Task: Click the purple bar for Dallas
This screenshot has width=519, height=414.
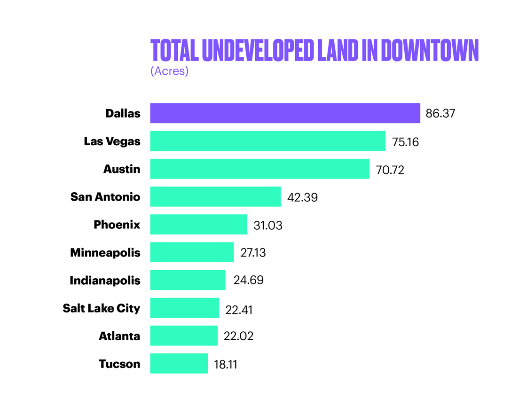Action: coord(285,113)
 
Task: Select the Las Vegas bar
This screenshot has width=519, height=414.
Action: coord(267,141)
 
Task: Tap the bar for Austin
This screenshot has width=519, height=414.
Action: coord(259,169)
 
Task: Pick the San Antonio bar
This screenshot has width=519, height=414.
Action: coord(215,196)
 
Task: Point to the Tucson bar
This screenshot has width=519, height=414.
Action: coord(179,363)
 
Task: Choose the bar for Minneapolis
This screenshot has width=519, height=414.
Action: coord(192,252)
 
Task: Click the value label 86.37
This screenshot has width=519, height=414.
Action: coord(440,114)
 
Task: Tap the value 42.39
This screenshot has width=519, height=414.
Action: coord(302,197)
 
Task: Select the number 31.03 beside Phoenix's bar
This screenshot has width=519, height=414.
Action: coord(268,225)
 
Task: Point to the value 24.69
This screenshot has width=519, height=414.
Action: coord(248,281)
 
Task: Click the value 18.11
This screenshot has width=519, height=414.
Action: coord(226,364)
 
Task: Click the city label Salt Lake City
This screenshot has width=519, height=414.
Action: coord(102,308)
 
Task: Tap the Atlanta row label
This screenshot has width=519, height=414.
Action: coord(119,336)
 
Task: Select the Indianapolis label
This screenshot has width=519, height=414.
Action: coord(105,281)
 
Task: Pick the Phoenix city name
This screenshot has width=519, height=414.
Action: coord(117,225)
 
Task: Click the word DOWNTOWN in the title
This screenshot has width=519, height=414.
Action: coord(429,50)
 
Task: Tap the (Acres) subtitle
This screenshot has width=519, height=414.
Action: coord(169,71)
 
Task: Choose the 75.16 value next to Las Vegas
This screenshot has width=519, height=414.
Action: coord(405,142)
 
